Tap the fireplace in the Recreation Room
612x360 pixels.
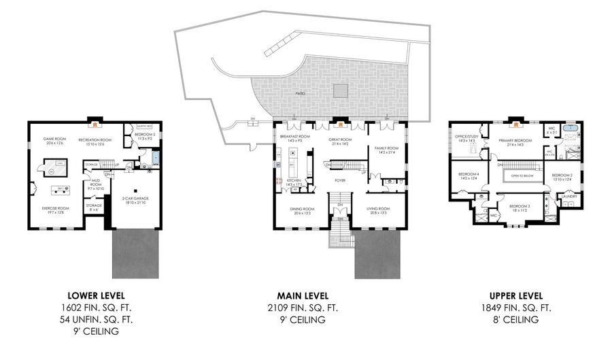97,124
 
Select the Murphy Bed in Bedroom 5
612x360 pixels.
144,127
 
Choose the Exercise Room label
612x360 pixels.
56,210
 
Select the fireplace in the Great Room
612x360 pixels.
339,124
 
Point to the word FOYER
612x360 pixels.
340,180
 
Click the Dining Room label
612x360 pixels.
303,210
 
